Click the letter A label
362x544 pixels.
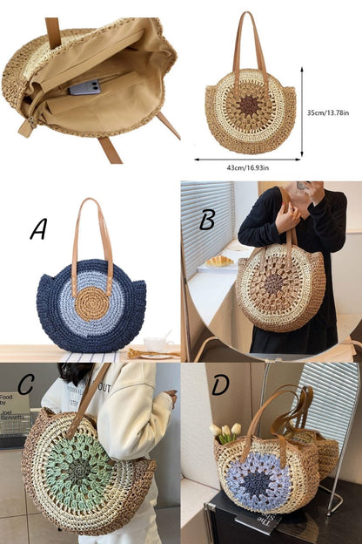tap(38, 228)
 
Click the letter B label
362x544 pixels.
tap(207, 219)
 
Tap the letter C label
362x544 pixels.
tap(26, 384)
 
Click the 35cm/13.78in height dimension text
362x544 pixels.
tap(332, 112)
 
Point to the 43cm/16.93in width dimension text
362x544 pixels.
tap(247, 170)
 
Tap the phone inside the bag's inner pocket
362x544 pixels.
tap(84, 86)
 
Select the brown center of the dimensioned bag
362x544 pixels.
tap(250, 105)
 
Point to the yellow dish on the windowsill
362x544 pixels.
tap(219, 261)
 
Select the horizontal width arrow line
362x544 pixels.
tap(247, 160)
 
